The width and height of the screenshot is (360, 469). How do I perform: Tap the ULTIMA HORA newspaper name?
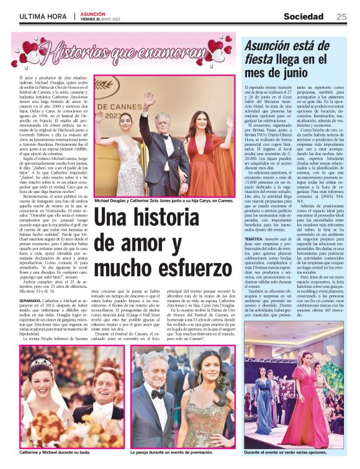pyautogui.click(x=43, y=17)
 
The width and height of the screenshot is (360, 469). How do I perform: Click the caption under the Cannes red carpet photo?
pyautogui.click(x=164, y=201)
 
